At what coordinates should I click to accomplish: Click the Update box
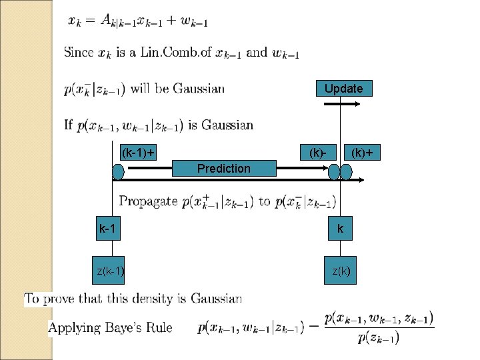344,89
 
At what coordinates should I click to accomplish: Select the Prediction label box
224,169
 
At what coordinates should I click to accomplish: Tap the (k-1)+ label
137,153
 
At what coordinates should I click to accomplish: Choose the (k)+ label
362,153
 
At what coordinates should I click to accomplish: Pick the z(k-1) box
111,271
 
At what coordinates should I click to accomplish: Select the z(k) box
341,271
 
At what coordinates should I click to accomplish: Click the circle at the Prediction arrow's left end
118,173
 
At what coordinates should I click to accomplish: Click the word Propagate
148,201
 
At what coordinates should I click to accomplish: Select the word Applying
74,327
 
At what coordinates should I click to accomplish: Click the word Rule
159,327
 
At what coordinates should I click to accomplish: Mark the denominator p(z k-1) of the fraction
379,338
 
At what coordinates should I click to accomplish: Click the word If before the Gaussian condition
68,125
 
